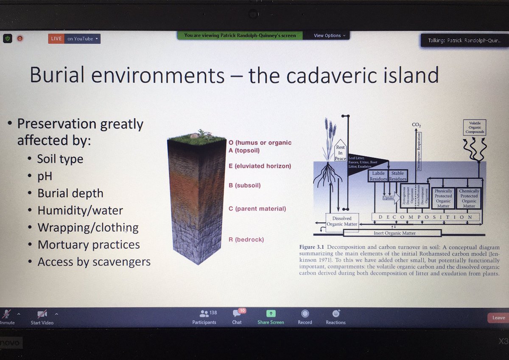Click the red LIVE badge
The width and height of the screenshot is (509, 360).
(x=56, y=39)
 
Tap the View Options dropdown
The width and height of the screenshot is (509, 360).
(x=330, y=36)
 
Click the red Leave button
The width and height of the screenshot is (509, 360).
(x=498, y=318)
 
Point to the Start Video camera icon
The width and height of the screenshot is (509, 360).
(x=42, y=314)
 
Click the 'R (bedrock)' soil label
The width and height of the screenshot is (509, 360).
(x=246, y=239)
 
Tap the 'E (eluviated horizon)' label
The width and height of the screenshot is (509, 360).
(x=260, y=166)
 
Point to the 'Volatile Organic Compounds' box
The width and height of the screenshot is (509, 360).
(x=475, y=127)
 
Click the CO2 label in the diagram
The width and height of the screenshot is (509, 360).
(x=416, y=125)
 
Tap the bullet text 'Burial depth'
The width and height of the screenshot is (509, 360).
(x=70, y=193)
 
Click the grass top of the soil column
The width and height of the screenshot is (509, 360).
(x=196, y=138)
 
